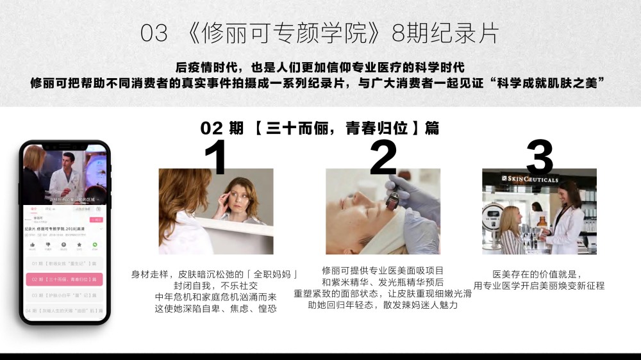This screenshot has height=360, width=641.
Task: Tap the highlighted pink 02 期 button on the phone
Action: [63, 279]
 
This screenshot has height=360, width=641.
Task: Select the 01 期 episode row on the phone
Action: [63, 263]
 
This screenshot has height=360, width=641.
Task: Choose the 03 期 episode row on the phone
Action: [63, 295]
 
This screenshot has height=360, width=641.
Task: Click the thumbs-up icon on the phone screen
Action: [32, 245]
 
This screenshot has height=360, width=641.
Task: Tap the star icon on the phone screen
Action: [79, 245]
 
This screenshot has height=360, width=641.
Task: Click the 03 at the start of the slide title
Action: [154, 33]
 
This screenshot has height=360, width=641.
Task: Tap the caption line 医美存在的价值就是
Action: [538, 274]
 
